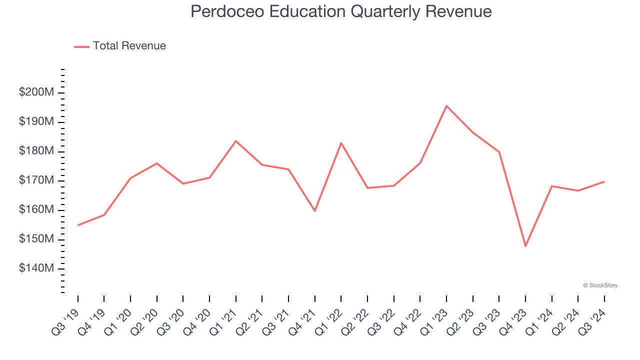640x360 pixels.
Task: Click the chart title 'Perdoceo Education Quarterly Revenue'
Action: pos(341,11)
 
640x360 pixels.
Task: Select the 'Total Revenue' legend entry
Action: pos(129,46)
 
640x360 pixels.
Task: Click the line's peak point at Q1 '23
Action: pos(446,106)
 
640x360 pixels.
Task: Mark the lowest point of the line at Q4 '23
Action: pos(525,246)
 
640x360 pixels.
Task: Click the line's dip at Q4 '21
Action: pos(315,211)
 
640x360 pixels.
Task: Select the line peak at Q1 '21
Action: pos(236,141)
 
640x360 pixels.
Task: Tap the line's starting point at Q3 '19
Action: pos(78,225)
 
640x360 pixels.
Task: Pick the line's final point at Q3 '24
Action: pos(604,181)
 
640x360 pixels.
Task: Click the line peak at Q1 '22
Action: pos(341,143)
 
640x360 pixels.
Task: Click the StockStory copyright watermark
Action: pos(600,285)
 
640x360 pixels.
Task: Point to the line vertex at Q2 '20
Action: pos(157,163)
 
